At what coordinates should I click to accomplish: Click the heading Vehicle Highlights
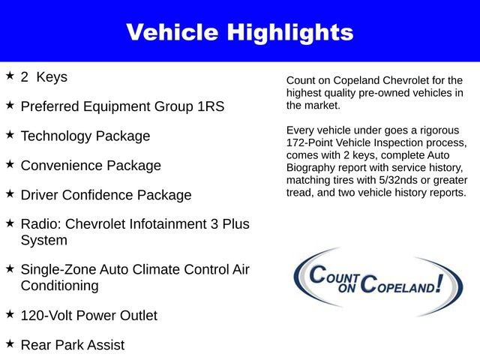[x=239, y=32]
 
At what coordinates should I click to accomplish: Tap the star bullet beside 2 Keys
[x=10, y=76]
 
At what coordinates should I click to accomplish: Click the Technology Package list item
[x=85, y=136]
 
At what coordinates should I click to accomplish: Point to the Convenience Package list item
[x=91, y=166]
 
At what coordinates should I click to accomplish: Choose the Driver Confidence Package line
[x=106, y=195]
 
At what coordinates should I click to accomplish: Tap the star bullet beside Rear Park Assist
[x=10, y=343]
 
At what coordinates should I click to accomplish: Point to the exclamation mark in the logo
[x=452, y=281]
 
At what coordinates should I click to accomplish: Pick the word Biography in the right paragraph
[x=312, y=167]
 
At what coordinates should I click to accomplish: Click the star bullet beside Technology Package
[x=10, y=135]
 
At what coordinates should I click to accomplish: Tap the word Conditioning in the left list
[x=59, y=286]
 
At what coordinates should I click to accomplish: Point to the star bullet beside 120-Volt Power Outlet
[x=10, y=314]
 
